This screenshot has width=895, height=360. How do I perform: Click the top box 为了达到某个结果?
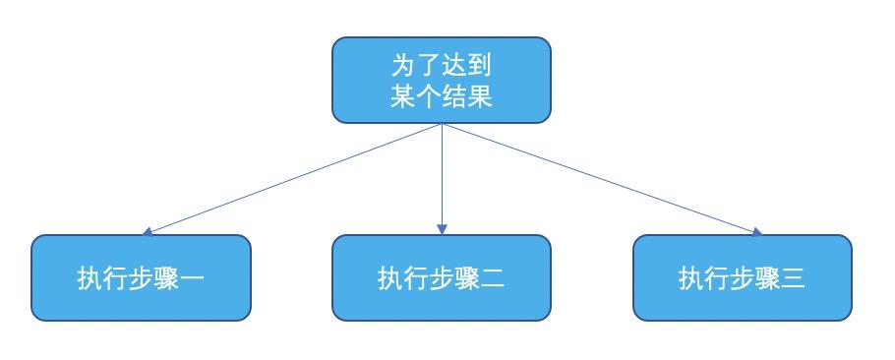[x=441, y=81]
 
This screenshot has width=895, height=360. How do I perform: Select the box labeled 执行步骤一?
[x=141, y=277]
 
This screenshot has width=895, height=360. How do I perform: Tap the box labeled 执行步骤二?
[x=441, y=277]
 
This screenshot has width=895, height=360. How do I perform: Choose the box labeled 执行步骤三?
[x=743, y=277]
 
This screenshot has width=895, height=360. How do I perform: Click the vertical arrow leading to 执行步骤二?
[x=442, y=177]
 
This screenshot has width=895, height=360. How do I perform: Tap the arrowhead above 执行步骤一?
[x=148, y=232]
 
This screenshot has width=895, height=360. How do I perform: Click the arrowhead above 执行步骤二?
[x=442, y=229]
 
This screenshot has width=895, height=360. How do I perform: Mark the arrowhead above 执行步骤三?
[x=756, y=232]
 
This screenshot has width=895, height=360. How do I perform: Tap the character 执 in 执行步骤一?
[x=89, y=278]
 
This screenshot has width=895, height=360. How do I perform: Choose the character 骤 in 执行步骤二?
[x=467, y=278]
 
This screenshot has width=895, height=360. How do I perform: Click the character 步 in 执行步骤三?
[x=743, y=278]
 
